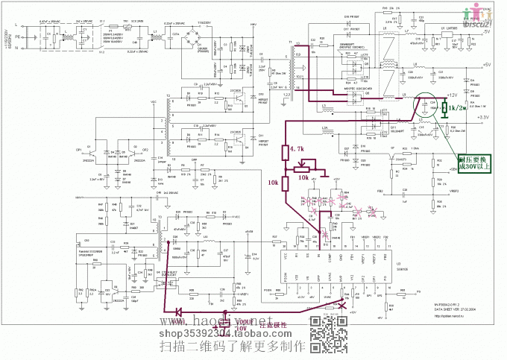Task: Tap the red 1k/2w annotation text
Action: coord(457,109)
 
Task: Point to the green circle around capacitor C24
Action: coord(430,106)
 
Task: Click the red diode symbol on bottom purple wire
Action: coord(179,312)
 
